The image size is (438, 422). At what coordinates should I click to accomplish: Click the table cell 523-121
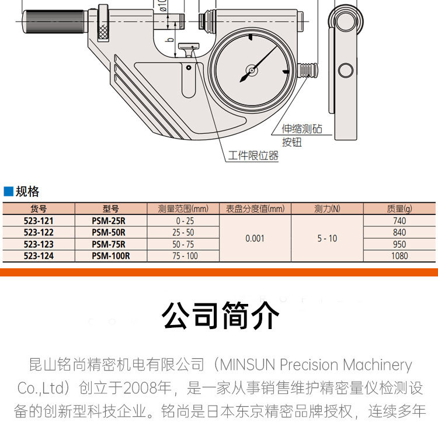[x=39, y=221]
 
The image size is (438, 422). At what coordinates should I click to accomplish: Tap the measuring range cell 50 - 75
[x=182, y=244]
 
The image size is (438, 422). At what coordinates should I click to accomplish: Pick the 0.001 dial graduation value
[x=255, y=238]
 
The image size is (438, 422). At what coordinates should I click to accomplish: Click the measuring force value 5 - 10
[x=327, y=238]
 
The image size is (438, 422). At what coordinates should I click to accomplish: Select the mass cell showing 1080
[x=399, y=255]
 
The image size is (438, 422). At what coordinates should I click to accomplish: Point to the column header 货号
[x=39, y=209]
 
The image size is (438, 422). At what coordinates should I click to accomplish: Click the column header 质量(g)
[x=399, y=209]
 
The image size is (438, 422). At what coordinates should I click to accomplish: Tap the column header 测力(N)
[x=327, y=209]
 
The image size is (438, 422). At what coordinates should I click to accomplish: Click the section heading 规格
[x=27, y=191]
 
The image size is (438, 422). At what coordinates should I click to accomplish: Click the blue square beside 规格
[x=8, y=191]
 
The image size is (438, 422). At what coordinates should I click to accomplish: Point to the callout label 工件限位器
[x=253, y=156]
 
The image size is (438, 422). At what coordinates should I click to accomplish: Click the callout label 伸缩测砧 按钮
[x=301, y=135]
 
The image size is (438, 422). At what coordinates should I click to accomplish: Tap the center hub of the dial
[x=252, y=71]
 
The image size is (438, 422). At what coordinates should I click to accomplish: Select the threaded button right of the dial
[x=308, y=71]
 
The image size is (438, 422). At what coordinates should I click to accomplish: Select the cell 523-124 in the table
[x=39, y=255]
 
